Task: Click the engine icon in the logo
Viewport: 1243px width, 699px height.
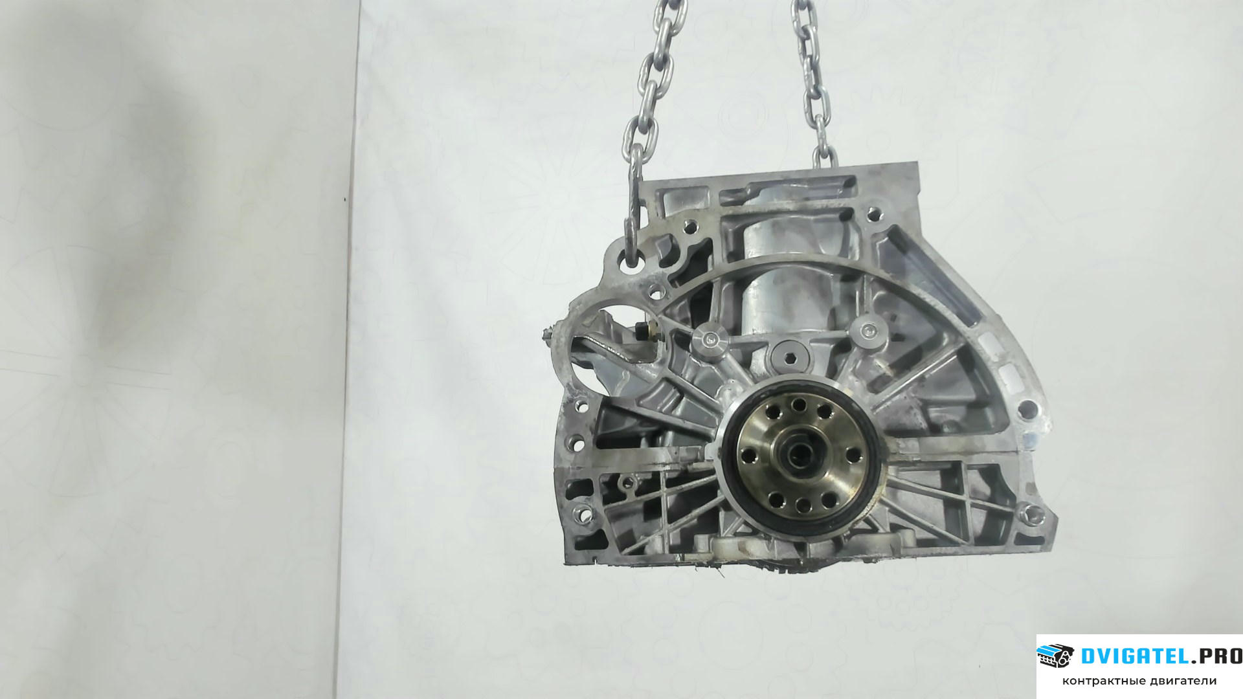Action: [1056, 656]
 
